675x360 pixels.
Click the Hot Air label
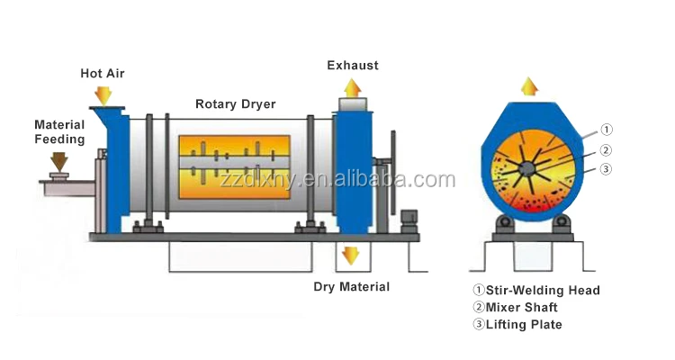[102, 71]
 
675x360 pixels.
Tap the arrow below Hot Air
[103, 94]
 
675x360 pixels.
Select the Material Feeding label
[59, 131]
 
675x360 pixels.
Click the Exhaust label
[352, 66]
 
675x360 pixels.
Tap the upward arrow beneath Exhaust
[351, 87]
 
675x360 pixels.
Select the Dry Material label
[351, 287]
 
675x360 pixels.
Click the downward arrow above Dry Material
[350, 255]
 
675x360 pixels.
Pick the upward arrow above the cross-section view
[530, 86]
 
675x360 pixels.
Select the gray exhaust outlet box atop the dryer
[351, 105]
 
